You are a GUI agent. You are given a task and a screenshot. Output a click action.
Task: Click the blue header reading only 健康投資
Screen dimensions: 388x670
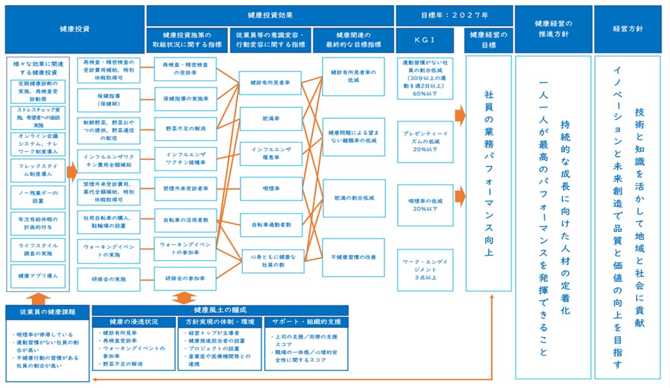75,28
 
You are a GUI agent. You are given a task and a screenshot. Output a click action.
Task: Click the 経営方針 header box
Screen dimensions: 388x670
627,28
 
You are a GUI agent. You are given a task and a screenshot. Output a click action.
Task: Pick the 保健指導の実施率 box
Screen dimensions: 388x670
185,99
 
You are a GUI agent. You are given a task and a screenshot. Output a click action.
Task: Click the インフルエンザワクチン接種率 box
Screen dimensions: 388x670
185,158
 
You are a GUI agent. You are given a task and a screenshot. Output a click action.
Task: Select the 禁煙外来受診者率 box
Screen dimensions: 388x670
185,188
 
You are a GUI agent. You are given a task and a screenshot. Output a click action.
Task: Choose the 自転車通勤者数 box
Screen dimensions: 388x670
271,224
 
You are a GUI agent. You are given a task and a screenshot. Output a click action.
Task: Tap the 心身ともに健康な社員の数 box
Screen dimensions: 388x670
271,259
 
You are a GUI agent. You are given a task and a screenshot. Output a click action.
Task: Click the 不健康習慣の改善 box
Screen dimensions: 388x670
353,257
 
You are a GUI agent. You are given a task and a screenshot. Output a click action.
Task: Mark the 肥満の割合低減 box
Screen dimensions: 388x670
353,197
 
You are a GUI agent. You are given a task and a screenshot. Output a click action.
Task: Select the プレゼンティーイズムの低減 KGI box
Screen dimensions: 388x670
425,141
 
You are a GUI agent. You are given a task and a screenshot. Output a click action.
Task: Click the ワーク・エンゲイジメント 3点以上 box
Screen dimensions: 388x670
425,269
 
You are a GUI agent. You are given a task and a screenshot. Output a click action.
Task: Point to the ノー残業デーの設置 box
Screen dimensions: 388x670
38,197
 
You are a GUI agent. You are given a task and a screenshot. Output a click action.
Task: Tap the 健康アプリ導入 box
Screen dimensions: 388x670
38,276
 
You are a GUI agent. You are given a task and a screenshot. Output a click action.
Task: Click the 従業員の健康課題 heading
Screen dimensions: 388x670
47,310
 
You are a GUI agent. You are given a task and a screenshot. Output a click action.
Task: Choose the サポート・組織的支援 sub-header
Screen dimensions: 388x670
306,322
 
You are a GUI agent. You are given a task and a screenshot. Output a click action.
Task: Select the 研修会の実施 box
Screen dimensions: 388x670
103,278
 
